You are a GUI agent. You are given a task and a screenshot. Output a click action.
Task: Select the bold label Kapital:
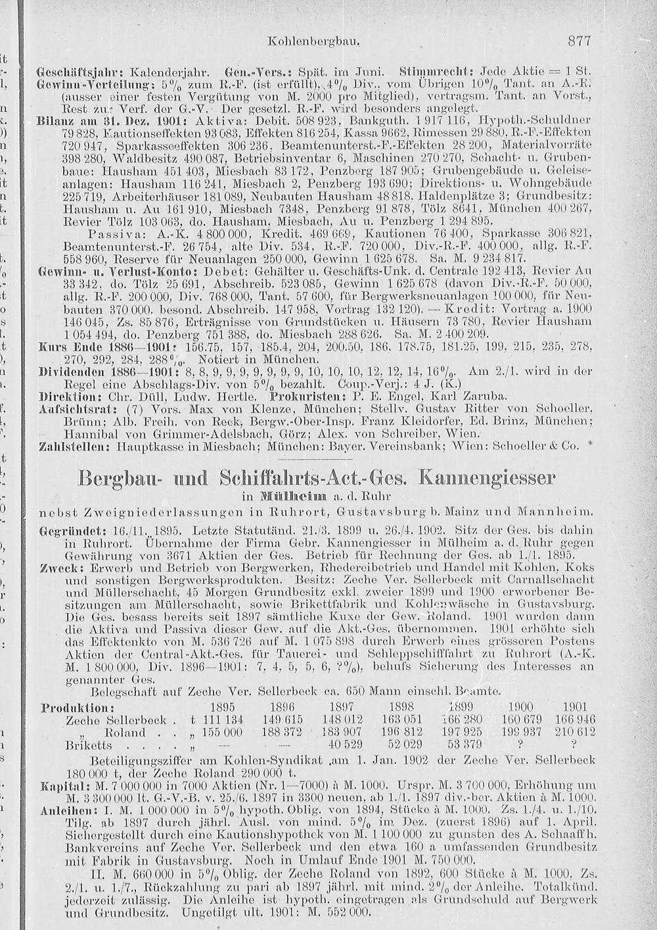(x=60, y=786)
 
